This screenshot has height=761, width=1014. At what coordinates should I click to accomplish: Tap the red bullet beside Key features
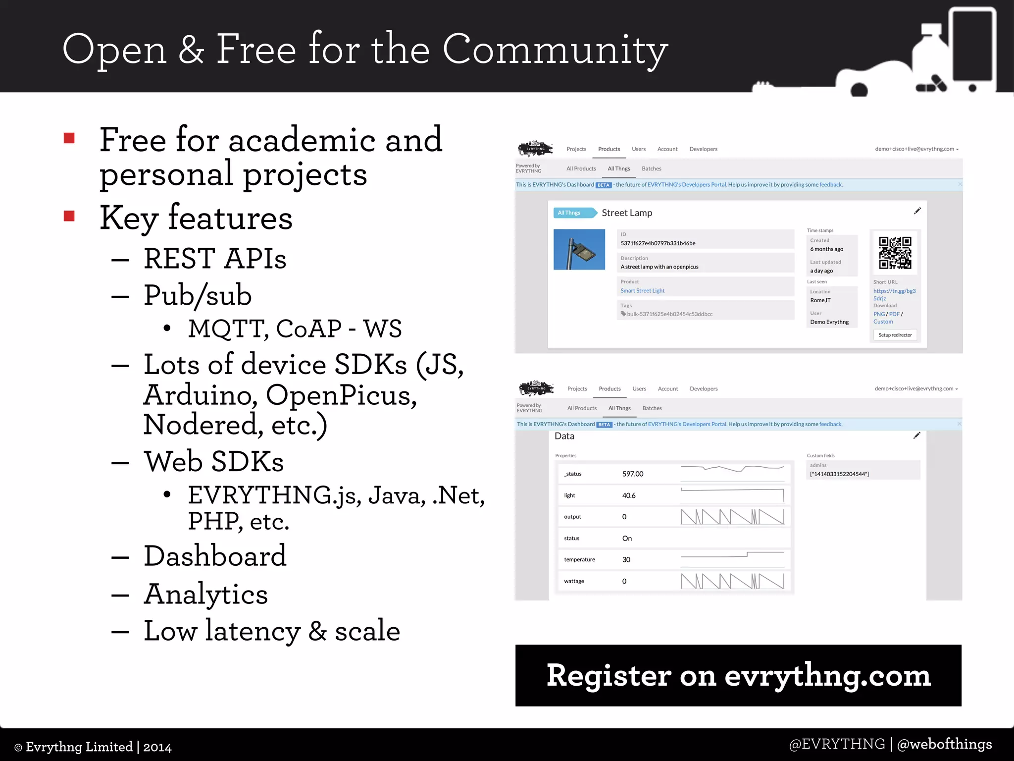69,216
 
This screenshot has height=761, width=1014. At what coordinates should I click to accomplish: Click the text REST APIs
215,259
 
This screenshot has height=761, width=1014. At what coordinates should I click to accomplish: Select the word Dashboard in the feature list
215,556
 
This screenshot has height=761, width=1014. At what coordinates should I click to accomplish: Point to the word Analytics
205,594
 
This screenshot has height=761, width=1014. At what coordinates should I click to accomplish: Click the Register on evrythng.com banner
738,675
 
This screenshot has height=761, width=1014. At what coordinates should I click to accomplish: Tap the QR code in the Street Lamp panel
895,253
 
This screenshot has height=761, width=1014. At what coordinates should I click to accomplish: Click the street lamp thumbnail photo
579,249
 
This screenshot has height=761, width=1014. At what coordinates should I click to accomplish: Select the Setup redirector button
895,335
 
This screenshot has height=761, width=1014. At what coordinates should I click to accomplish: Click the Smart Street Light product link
642,291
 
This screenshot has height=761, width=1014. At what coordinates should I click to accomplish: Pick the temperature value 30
626,560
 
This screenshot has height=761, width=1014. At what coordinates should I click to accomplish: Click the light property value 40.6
629,495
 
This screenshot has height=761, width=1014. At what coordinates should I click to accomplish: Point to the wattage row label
574,581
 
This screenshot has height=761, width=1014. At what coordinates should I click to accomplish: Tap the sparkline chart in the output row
732,517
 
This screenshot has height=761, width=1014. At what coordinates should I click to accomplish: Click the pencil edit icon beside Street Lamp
917,211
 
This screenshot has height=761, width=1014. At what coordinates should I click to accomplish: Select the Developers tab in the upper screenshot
703,149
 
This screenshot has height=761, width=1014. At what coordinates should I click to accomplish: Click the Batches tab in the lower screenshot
652,408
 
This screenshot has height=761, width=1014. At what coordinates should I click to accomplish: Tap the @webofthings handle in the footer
944,744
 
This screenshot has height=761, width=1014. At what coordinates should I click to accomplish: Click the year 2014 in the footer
157,747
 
